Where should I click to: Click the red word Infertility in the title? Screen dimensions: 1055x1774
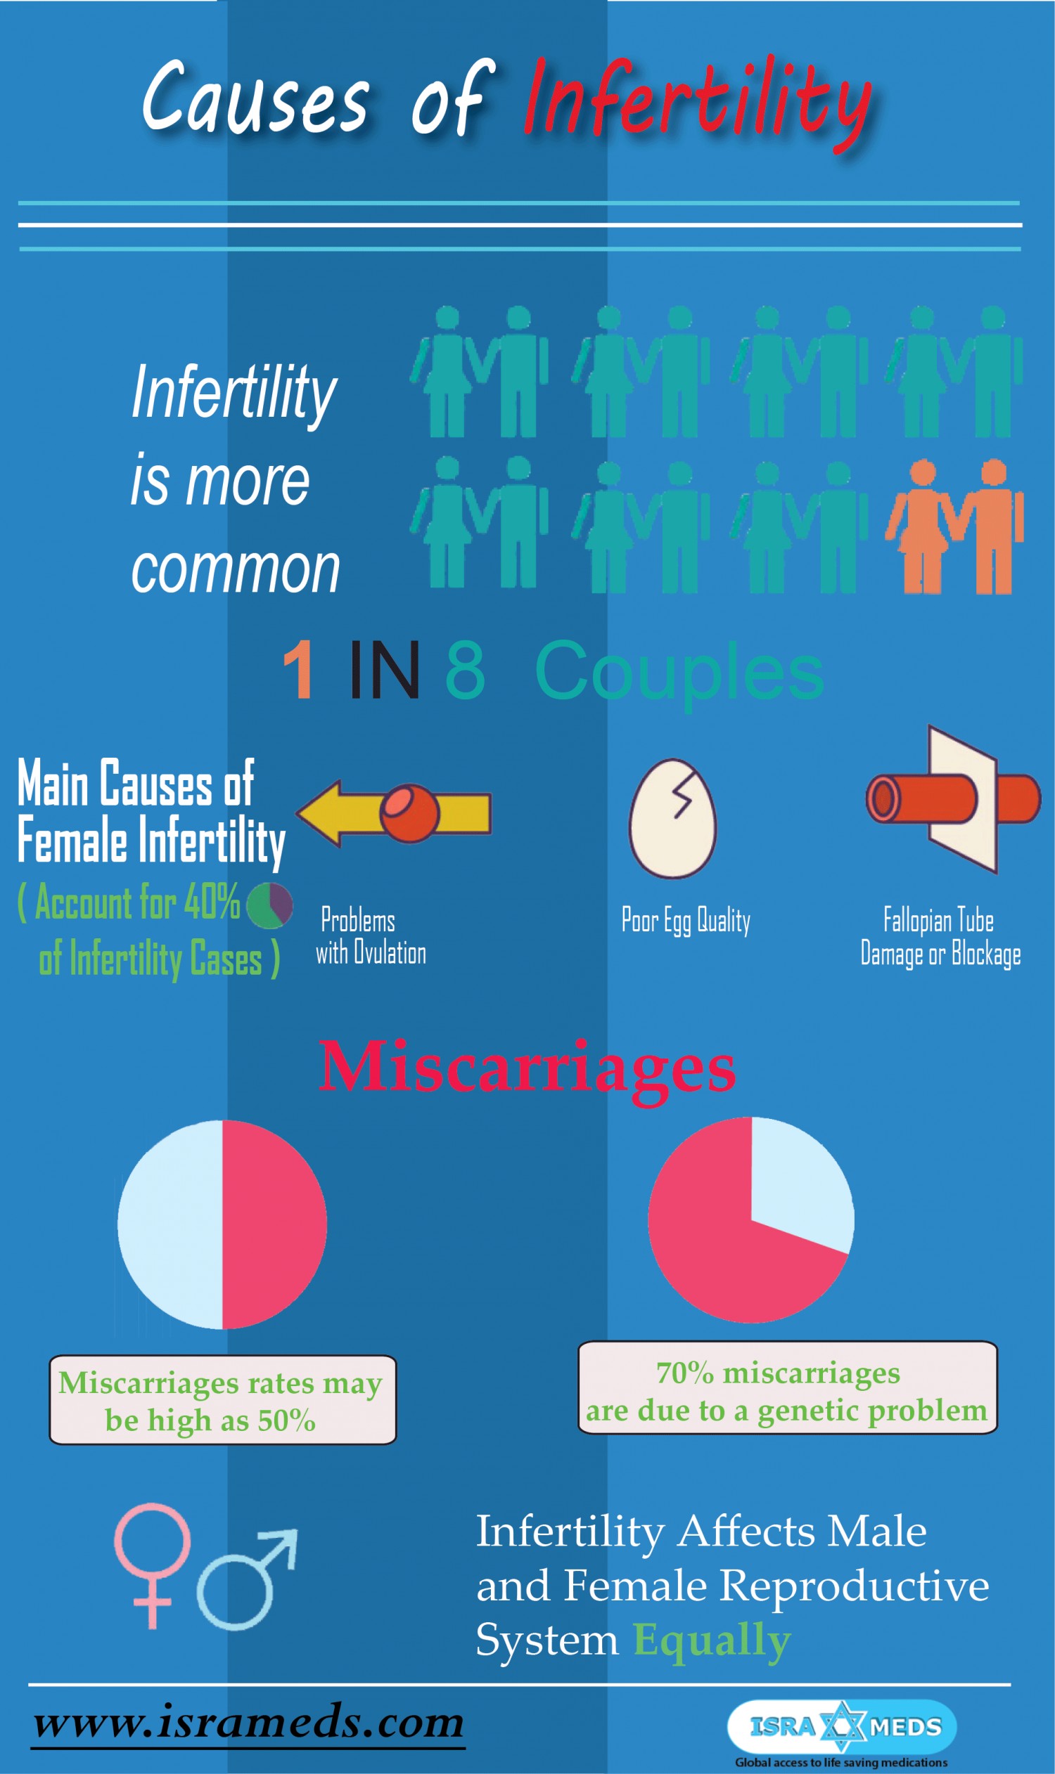pyautogui.click(x=699, y=105)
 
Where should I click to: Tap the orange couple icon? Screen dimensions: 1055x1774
pyautogui.click(x=954, y=526)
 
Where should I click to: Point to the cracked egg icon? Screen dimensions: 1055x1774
pyautogui.click(x=672, y=818)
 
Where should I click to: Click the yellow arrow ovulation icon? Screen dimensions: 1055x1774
pyautogui.click(x=393, y=813)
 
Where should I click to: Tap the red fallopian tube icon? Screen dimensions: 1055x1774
pyautogui.click(x=953, y=799)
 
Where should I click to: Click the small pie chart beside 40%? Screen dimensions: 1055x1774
pyautogui.click(x=269, y=906)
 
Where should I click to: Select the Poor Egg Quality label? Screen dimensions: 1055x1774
pyautogui.click(x=686, y=921)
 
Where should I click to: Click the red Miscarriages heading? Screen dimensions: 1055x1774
pyautogui.click(x=527, y=1069)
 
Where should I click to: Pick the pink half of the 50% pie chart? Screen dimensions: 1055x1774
pyautogui.click(x=274, y=1224)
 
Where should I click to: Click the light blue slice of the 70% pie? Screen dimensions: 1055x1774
pyautogui.click(x=800, y=1179)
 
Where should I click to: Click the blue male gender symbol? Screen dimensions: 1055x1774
pyautogui.click(x=246, y=1580)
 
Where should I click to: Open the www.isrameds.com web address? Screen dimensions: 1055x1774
pyautogui.click(x=249, y=1722)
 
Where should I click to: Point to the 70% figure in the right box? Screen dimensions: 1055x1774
pyautogui.click(x=684, y=1373)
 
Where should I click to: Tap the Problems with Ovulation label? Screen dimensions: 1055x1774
pyautogui.click(x=371, y=936)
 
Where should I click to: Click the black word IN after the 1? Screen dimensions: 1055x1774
pyautogui.click(x=384, y=669)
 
